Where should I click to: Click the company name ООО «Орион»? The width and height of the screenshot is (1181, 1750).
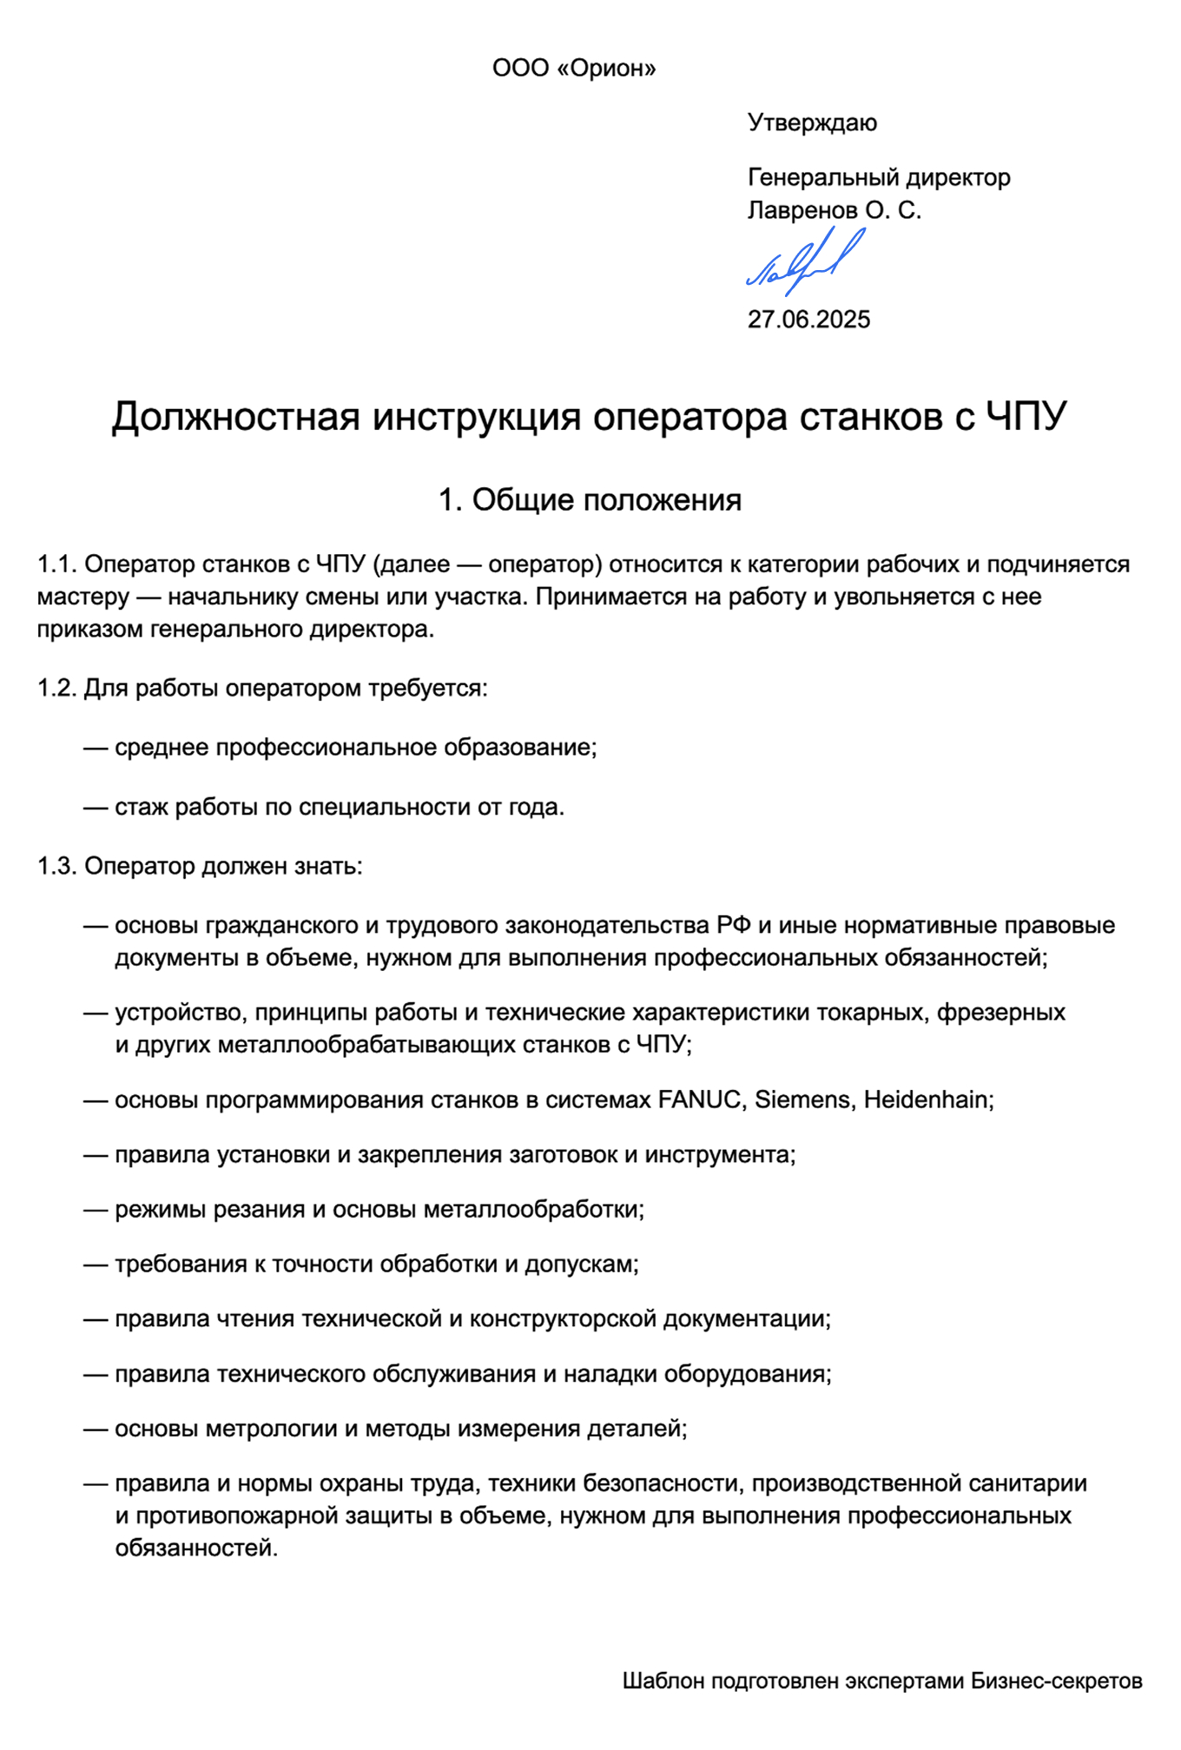click(x=573, y=69)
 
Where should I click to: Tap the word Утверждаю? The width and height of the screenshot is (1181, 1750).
click(x=812, y=122)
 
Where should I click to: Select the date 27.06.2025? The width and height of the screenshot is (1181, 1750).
click(x=808, y=320)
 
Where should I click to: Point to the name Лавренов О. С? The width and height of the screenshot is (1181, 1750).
click(x=834, y=210)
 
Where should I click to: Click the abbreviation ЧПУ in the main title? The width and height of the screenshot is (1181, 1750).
click(x=1025, y=417)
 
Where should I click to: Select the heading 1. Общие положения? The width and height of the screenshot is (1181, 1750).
click(x=590, y=500)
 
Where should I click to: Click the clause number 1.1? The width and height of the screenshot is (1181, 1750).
click(x=57, y=565)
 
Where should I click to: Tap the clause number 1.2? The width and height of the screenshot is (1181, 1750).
click(x=57, y=689)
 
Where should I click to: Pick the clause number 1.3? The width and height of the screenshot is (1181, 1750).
click(x=57, y=867)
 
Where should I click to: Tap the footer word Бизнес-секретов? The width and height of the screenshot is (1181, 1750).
click(x=1056, y=1681)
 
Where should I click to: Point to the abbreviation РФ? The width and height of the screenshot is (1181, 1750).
click(x=734, y=926)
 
